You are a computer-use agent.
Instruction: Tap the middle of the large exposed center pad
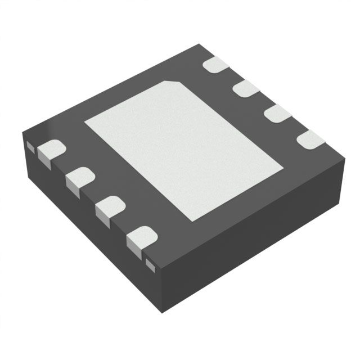(183, 150)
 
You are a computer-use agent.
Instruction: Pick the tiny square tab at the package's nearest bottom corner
(150, 263)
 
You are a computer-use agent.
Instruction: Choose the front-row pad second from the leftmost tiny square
(79, 179)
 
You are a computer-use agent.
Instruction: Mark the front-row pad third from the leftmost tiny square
(110, 208)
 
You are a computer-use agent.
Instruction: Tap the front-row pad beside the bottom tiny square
(141, 238)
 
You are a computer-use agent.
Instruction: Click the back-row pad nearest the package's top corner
(215, 64)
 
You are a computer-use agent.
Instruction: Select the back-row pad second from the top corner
(245, 88)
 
